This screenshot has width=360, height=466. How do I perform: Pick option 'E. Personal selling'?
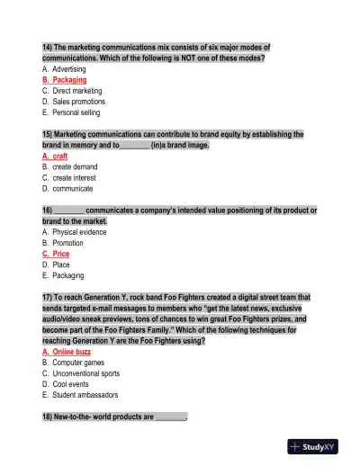coord(71,112)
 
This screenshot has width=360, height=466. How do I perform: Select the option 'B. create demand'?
coord(69,166)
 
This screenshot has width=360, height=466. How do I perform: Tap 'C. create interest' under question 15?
coord(69,177)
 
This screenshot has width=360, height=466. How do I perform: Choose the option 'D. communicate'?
coord(67,189)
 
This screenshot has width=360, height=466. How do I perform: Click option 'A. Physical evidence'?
coord(75,232)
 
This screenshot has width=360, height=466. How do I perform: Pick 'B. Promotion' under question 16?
coord(62,243)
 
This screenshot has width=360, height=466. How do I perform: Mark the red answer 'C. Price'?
coord(57,254)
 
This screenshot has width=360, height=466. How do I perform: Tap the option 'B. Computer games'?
coord(74,363)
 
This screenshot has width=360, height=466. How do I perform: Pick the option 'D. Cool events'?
coord(67,384)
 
